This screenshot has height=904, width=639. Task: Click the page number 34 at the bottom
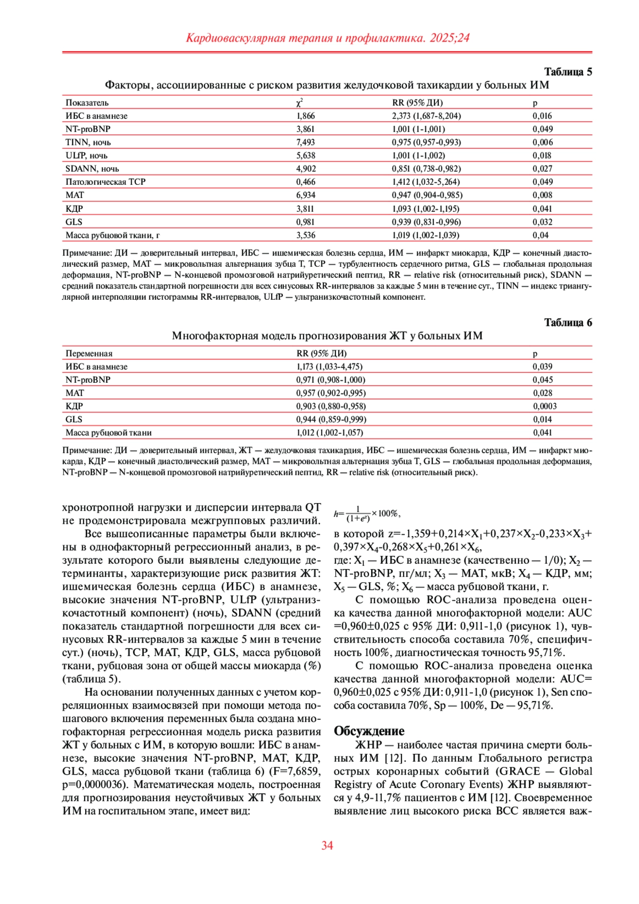pyautogui.click(x=327, y=845)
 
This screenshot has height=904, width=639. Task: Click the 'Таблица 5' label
pyautogui.click(x=568, y=72)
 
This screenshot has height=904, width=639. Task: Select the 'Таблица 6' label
pyautogui.click(x=568, y=323)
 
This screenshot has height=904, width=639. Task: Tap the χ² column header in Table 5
pyautogui.click(x=300, y=102)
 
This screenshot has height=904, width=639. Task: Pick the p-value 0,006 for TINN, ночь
pyautogui.click(x=543, y=142)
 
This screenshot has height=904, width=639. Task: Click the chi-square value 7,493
pyautogui.click(x=306, y=142)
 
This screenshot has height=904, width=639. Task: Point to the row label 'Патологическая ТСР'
pyautogui.click(x=105, y=182)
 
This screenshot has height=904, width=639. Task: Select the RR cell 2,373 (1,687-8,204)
pyautogui.click(x=427, y=116)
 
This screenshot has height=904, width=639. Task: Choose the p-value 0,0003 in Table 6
pyautogui.click(x=545, y=406)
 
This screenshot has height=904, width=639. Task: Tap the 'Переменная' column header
pyautogui.click(x=89, y=353)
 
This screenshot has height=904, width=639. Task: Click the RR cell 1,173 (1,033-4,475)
pyautogui.click(x=329, y=366)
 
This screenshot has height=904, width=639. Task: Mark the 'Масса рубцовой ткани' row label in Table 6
pyautogui.click(x=109, y=432)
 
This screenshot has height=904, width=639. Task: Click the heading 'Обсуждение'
pyautogui.click(x=369, y=731)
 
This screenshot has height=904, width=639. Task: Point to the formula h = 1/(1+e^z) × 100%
pyautogui.click(x=367, y=514)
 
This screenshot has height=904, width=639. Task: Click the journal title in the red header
pyautogui.click(x=327, y=38)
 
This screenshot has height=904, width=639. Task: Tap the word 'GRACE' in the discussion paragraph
pyautogui.click(x=519, y=771)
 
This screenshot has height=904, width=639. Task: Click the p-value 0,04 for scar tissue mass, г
pyautogui.click(x=540, y=235)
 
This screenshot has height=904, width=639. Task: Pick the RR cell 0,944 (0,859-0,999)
pyautogui.click(x=331, y=419)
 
